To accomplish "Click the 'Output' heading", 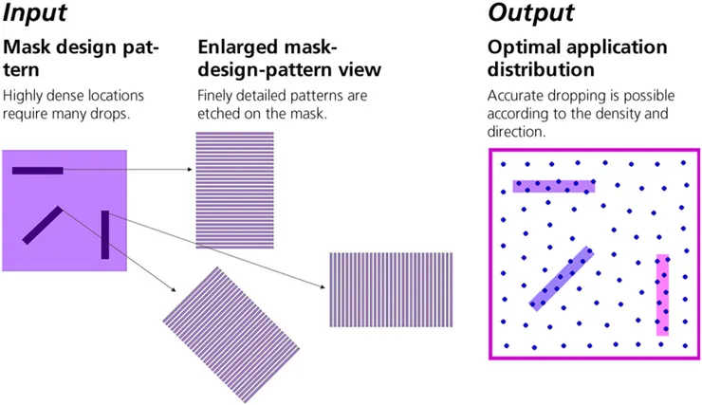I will pos(530,13).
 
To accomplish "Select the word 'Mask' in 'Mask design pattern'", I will pos(26,46).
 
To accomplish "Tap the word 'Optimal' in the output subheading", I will pos(523,46).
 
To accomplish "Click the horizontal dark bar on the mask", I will pos(38,171).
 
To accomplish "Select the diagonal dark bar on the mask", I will pos(43,225).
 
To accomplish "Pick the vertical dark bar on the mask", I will pos(105,235).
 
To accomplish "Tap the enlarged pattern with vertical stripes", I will pos(391,290).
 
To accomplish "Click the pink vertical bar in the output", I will pos(662,294).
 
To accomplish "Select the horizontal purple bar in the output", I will pos(554,186).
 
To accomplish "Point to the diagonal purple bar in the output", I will pos(562,279).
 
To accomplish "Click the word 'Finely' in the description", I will pos(215,96).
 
